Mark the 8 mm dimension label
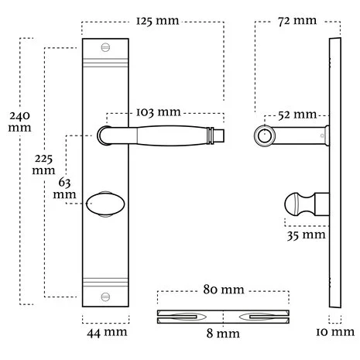[222, 334]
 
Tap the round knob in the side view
[294, 204]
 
